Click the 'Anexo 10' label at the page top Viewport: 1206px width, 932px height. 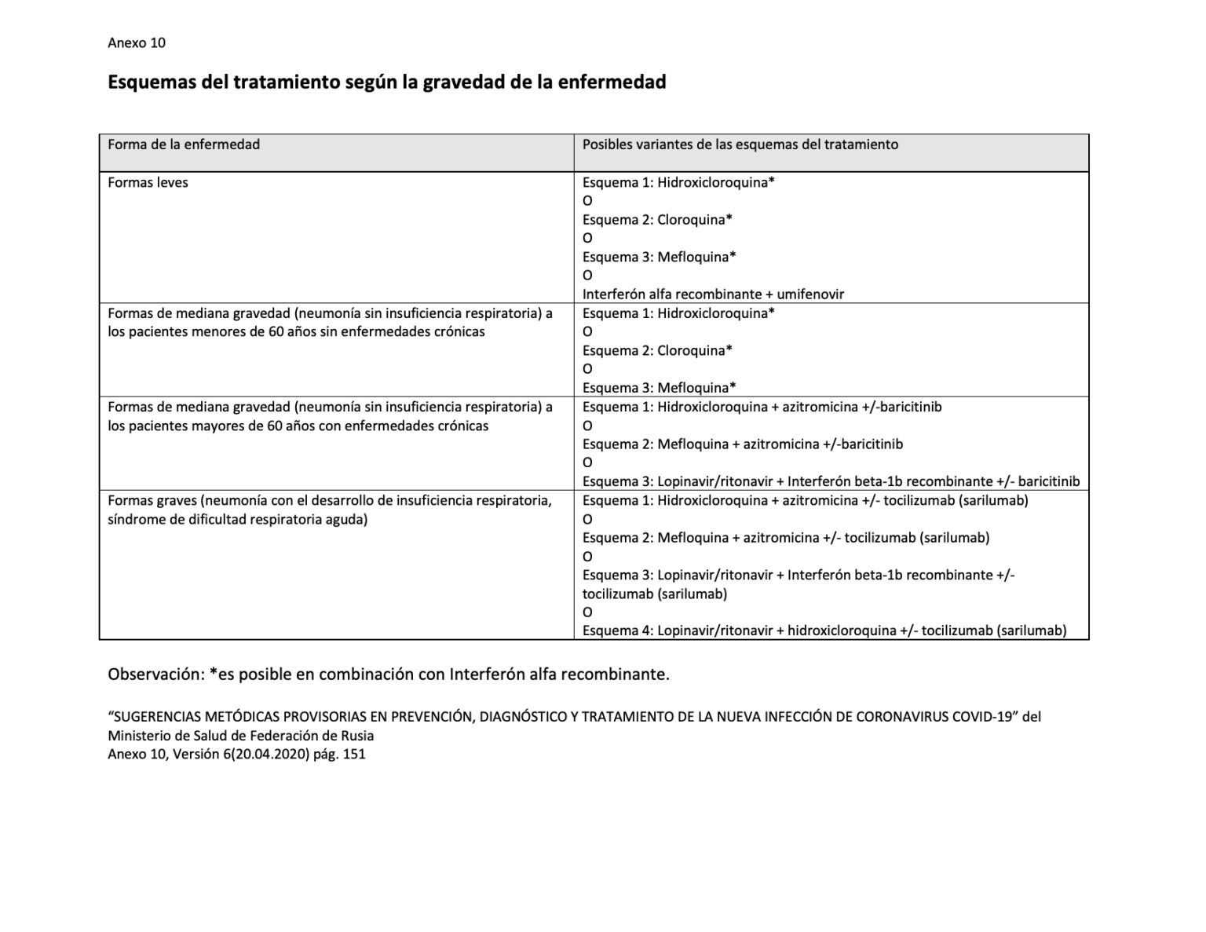pyautogui.click(x=137, y=43)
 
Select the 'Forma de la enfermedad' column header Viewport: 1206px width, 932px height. pyautogui.click(x=184, y=144)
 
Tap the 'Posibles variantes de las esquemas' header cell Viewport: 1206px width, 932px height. pyautogui.click(x=740, y=144)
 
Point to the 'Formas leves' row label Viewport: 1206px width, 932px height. pyautogui.click(x=148, y=183)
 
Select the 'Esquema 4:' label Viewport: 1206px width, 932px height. pyautogui.click(x=617, y=630)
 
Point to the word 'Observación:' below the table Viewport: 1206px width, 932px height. pyautogui.click(x=155, y=674)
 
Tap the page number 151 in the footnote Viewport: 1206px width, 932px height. pyautogui.click(x=355, y=755)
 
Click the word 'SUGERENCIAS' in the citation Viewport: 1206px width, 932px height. pyautogui.click(x=157, y=717)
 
